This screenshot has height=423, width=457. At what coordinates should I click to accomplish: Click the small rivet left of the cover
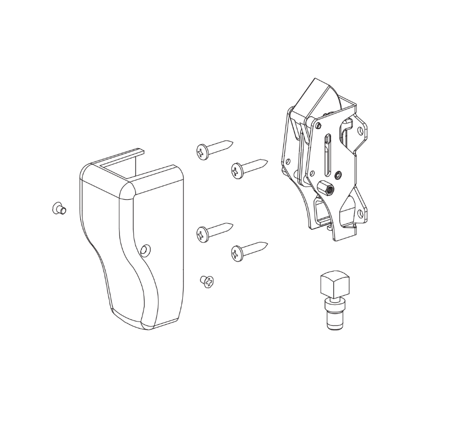click(58, 209)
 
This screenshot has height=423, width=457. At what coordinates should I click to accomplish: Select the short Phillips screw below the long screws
click(207, 281)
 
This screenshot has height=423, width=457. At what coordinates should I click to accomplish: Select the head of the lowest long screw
click(237, 253)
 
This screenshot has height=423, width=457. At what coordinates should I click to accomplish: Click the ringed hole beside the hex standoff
click(338, 174)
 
